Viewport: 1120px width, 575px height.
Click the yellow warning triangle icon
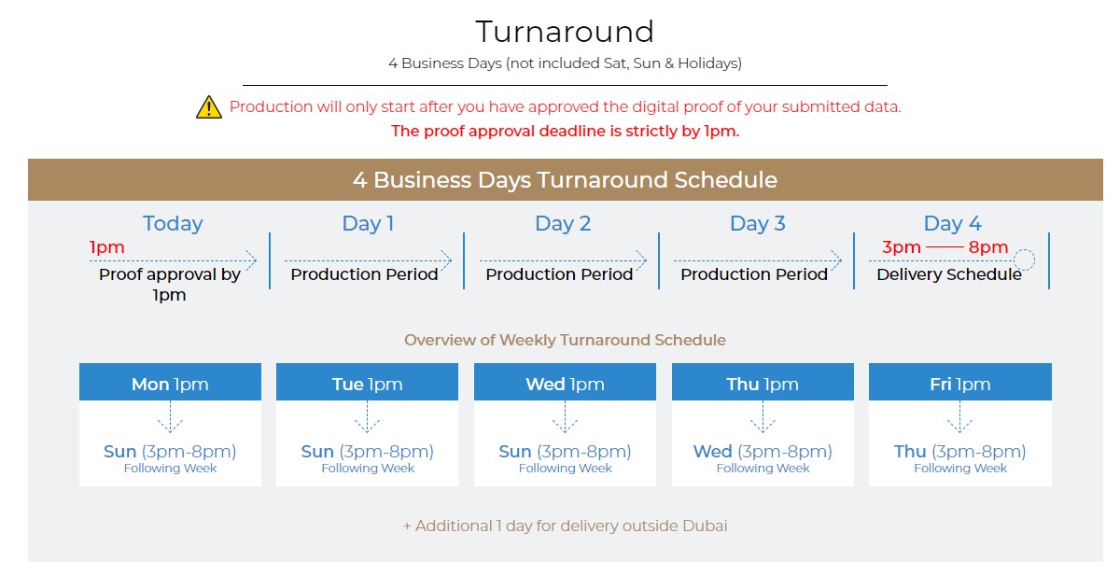208,107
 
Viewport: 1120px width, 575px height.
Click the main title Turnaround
565,32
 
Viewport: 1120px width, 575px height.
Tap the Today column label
173,223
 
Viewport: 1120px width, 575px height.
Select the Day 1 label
368,223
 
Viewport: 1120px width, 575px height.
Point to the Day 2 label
563,223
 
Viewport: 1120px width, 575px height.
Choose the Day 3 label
758,223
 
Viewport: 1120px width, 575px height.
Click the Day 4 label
953,223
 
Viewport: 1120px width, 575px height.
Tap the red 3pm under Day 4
901,247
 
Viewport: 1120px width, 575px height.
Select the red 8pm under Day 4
988,247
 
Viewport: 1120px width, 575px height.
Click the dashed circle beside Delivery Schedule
1024,249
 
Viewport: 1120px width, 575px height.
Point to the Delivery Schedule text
949,274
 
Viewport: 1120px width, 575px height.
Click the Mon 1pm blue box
170,382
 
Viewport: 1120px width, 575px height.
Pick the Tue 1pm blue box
367,382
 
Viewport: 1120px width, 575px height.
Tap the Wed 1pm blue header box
565,382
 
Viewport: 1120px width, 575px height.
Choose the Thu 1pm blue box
763,382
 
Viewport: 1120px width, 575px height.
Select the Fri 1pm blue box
960,382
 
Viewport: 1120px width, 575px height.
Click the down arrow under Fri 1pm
960,417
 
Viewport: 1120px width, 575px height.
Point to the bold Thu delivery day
910,452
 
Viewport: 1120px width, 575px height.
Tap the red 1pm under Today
107,247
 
